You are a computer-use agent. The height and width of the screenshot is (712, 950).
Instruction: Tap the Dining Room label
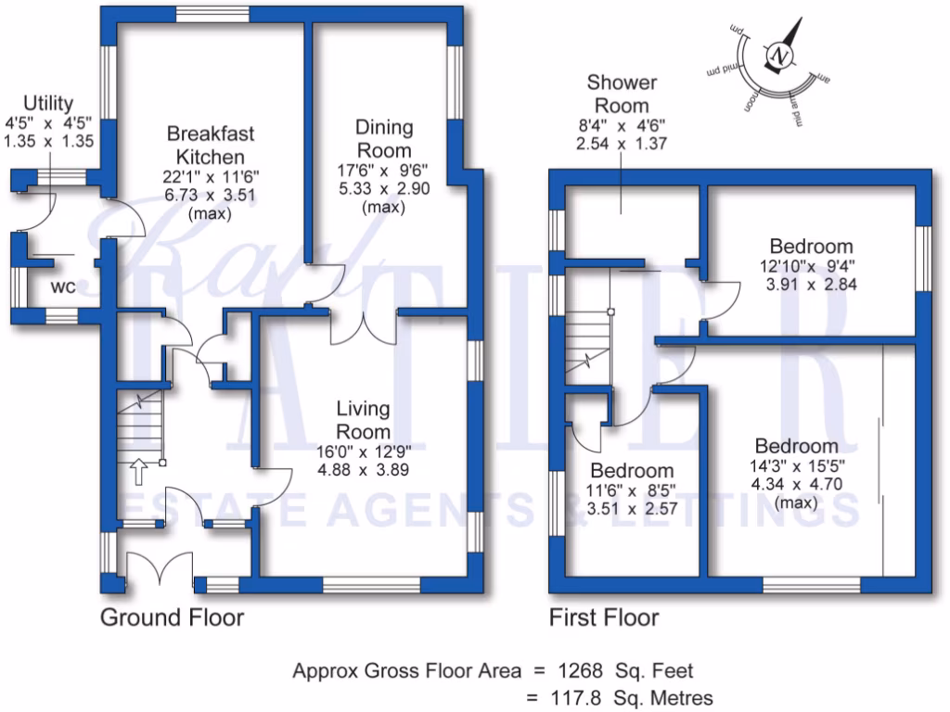(x=385, y=139)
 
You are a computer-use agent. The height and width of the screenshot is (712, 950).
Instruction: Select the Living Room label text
(x=363, y=420)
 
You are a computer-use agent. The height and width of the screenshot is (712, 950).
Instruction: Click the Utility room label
(x=48, y=103)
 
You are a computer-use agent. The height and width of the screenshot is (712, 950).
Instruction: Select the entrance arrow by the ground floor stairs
(x=138, y=470)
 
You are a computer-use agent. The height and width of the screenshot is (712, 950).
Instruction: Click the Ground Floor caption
(x=172, y=617)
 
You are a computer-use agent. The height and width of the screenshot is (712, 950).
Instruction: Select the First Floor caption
(x=604, y=617)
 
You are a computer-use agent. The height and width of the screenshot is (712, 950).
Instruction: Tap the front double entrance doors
(x=159, y=567)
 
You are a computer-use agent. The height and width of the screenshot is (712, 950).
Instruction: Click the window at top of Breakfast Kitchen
(x=205, y=13)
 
